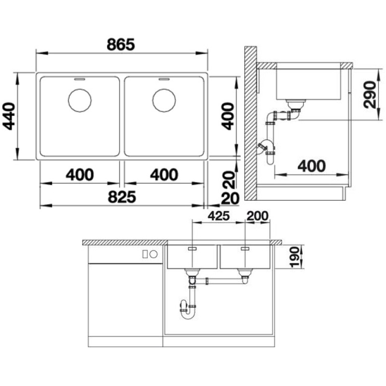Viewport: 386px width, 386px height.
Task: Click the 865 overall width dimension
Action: click(121, 44)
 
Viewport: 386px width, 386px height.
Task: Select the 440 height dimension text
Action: click(9, 116)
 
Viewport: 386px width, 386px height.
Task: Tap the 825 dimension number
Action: click(122, 197)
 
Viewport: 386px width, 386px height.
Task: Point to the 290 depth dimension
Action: click(370, 95)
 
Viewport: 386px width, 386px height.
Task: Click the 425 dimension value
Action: click(219, 216)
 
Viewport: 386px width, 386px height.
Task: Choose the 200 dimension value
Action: click(257, 216)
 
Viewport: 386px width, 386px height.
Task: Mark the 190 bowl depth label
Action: click(294, 257)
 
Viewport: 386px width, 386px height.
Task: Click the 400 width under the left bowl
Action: click(80, 175)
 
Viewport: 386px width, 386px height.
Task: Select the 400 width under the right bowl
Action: click(164, 175)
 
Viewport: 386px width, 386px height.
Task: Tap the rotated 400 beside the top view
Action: click(228, 116)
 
